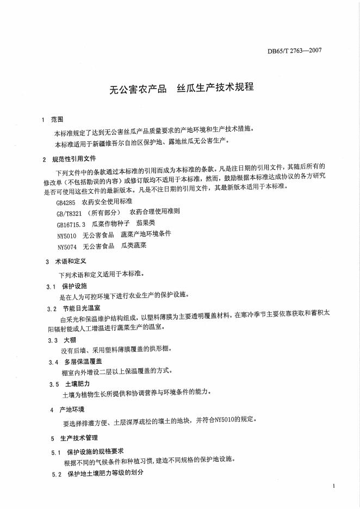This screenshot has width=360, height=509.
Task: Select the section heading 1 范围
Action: point(53,119)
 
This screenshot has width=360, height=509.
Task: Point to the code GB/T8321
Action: point(69,213)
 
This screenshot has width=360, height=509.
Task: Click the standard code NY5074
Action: point(67,245)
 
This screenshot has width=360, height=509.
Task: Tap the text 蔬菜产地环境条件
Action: point(146,234)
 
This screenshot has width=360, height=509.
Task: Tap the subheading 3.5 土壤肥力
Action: point(68,384)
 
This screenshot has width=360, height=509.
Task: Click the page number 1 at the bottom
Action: point(333,485)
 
